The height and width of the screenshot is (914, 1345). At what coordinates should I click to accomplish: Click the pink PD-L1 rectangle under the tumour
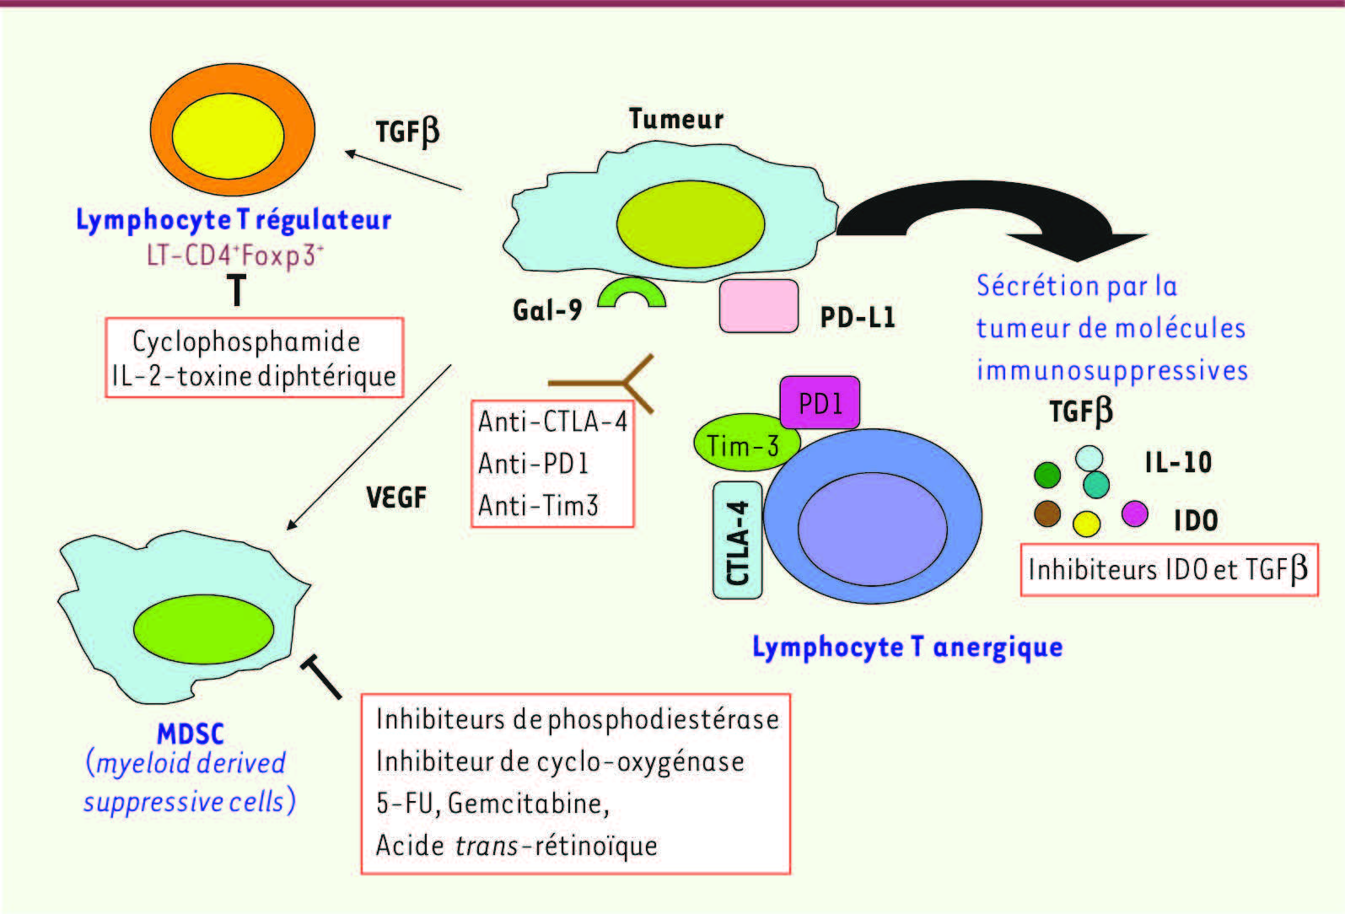click(759, 306)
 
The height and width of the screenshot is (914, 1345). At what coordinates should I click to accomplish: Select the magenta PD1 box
click(820, 402)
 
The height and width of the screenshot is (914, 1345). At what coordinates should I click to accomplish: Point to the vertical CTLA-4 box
click(737, 540)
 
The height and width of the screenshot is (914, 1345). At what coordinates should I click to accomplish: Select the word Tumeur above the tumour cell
click(675, 119)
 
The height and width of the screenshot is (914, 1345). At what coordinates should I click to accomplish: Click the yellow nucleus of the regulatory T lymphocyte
click(229, 136)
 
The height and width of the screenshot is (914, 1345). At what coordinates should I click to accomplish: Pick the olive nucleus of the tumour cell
click(691, 224)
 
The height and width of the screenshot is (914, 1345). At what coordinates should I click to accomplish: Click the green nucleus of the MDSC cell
click(203, 629)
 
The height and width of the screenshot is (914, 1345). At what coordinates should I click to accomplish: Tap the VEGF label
click(396, 497)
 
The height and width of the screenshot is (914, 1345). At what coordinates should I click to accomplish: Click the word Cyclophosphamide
click(246, 342)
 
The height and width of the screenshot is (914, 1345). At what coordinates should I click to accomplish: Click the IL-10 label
click(1178, 462)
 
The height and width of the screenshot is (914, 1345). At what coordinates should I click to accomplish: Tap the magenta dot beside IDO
click(1135, 514)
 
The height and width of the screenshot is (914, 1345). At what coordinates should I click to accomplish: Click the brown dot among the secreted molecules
click(1047, 514)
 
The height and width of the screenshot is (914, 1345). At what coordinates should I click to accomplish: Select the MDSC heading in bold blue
click(191, 734)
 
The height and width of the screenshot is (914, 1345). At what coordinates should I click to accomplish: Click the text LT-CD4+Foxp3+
click(234, 255)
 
